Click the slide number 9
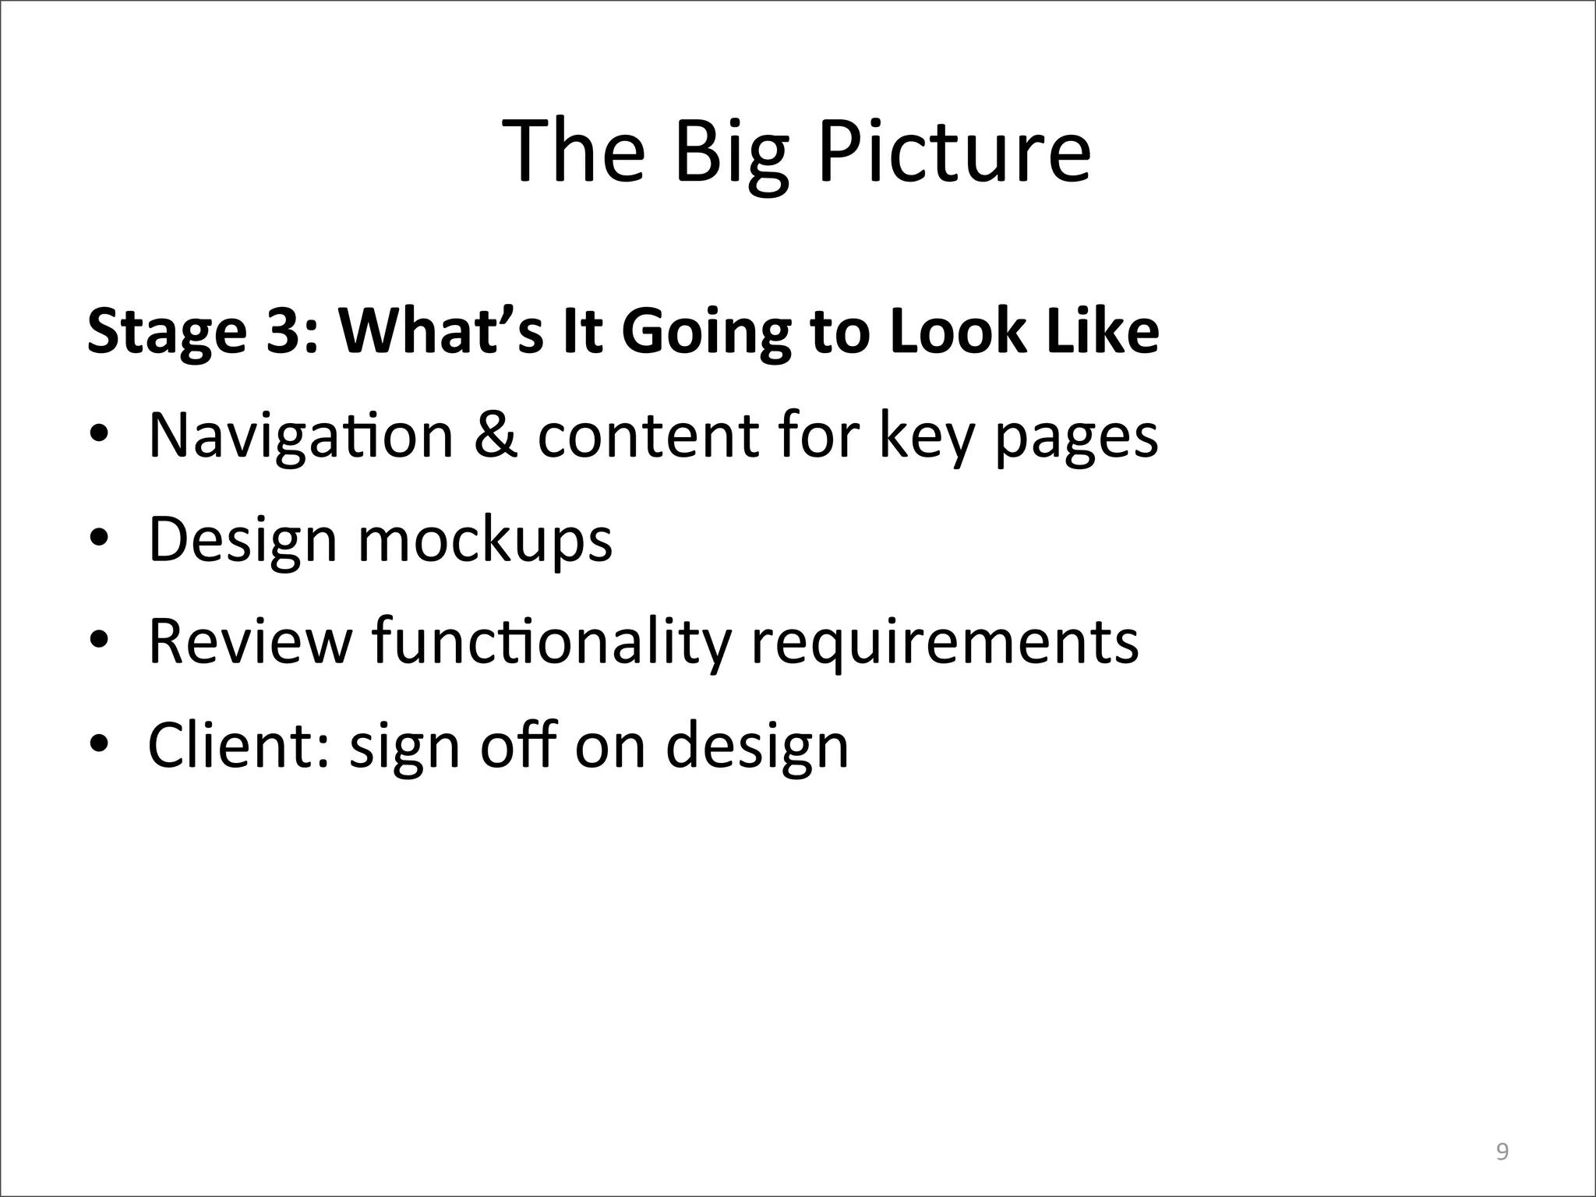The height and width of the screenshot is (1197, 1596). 1502,1129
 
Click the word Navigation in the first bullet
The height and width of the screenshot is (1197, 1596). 301,436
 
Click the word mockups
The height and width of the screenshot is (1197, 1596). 485,541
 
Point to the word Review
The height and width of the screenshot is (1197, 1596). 249,642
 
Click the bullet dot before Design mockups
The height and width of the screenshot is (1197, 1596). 98,539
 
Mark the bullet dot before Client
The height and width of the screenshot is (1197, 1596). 98,745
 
